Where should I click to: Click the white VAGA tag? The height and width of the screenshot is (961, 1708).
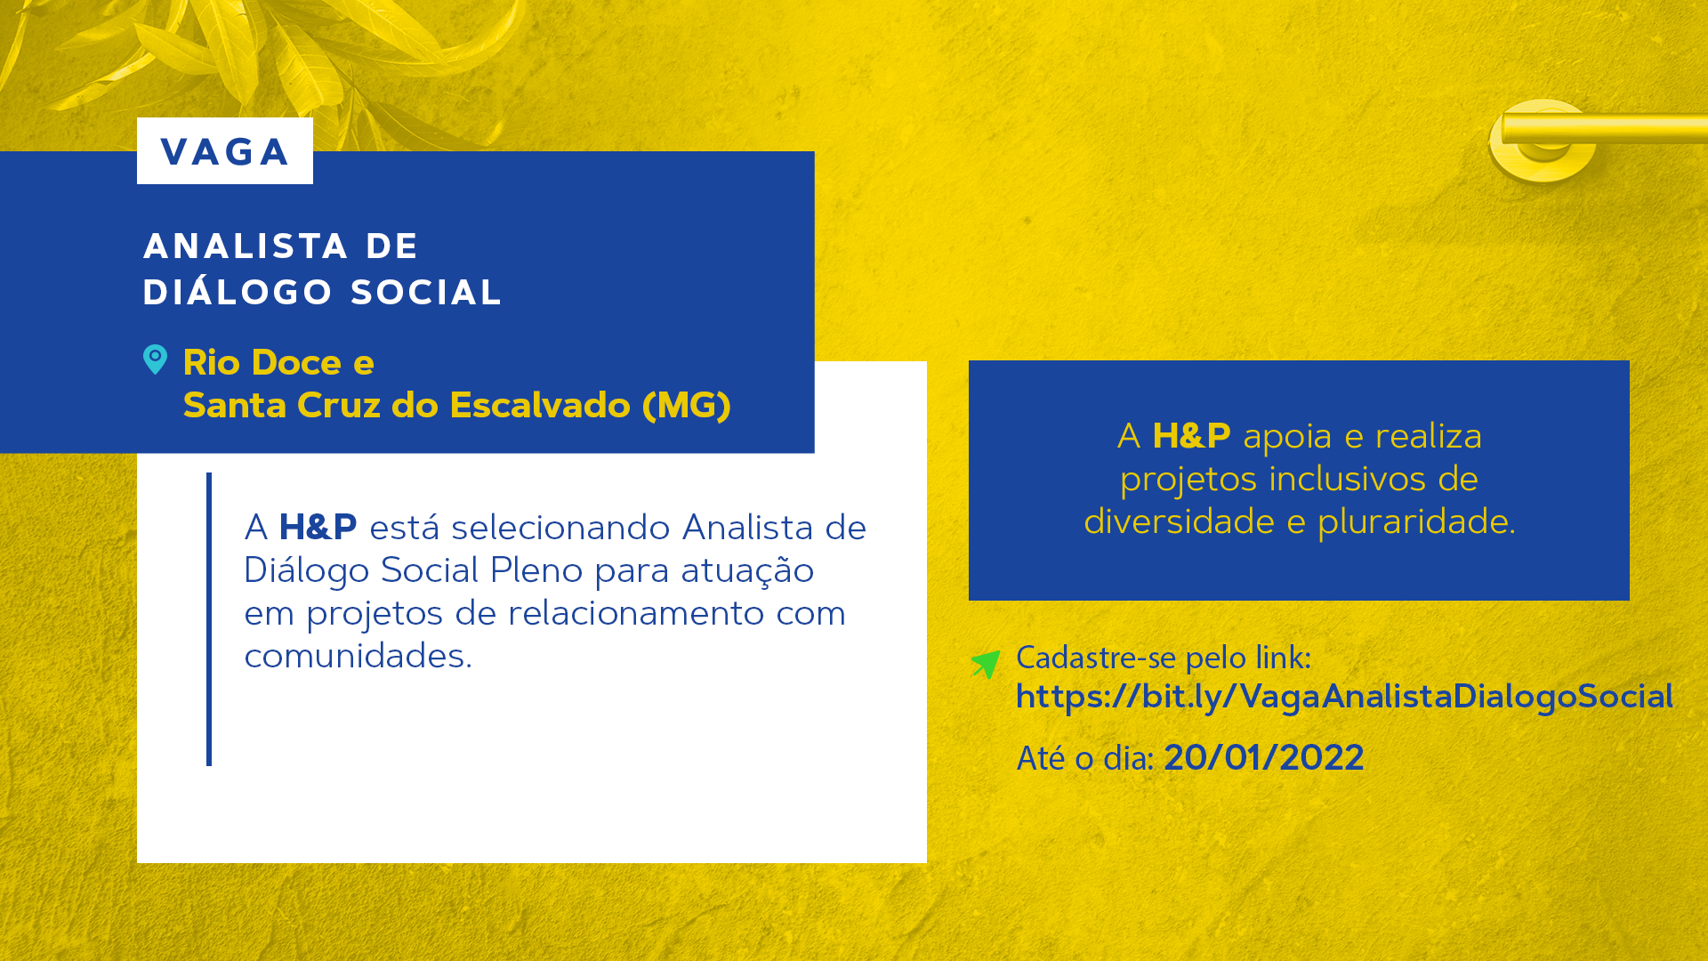(225, 151)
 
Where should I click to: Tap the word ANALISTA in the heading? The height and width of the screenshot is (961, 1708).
(246, 246)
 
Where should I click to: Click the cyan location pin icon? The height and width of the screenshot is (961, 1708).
(155, 359)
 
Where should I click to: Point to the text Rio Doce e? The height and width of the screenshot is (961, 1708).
(278, 363)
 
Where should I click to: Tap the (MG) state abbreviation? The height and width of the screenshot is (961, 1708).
(687, 406)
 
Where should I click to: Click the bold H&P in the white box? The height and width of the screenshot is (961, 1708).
(318, 528)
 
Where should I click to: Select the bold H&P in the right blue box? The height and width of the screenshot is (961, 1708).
(1191, 436)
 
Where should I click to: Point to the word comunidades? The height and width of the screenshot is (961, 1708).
(358, 656)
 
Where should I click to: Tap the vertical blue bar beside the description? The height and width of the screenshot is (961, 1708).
(209, 618)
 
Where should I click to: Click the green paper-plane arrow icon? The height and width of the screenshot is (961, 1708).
(986, 663)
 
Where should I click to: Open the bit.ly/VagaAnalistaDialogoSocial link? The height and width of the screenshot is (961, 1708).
(1344, 697)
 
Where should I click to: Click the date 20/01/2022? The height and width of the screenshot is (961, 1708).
(1263, 758)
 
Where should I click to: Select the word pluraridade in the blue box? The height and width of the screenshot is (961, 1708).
(1416, 521)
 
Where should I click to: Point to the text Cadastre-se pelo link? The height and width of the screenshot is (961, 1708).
(1164, 658)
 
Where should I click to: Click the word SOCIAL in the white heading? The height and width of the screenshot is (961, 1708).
(427, 293)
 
